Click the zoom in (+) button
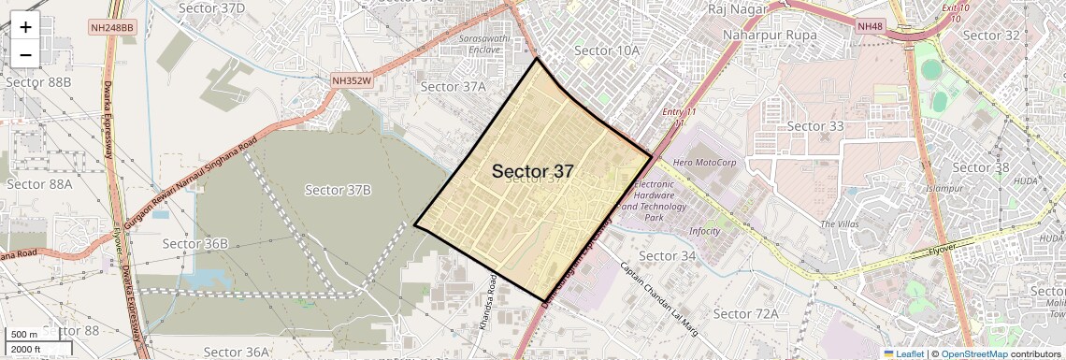(x=25, y=27)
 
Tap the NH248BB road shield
(x=113, y=28)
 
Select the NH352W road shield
(x=353, y=81)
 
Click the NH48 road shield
(x=869, y=28)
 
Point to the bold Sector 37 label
(x=532, y=171)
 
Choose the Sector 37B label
(x=339, y=190)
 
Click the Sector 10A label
(x=607, y=50)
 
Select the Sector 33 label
(x=815, y=126)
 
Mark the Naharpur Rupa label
(x=771, y=36)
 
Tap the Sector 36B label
(x=195, y=244)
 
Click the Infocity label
(x=704, y=231)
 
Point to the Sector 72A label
(x=745, y=313)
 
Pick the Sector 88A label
(x=39, y=184)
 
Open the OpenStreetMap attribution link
(x=973, y=353)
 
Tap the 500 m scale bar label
(x=24, y=335)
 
